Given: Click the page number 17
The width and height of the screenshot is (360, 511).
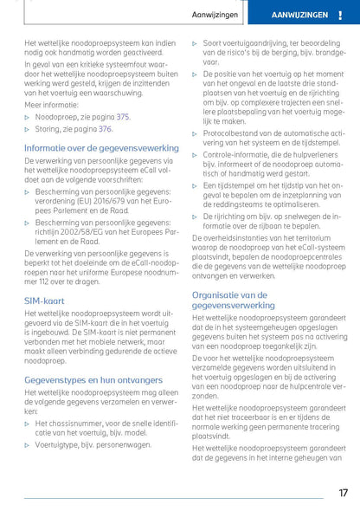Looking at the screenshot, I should click(x=342, y=492).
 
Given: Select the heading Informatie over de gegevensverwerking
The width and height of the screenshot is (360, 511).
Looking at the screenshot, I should click(x=101, y=148).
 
